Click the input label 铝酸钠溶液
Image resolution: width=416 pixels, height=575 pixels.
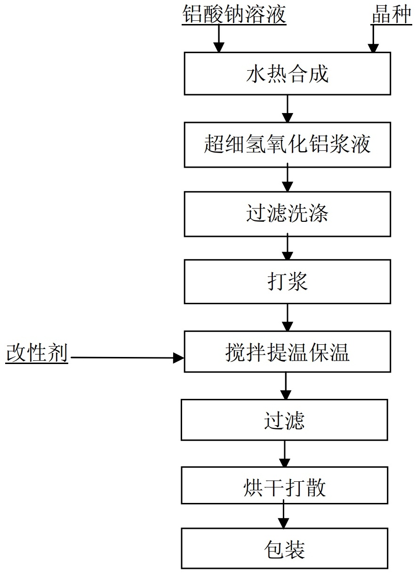(x=234, y=15)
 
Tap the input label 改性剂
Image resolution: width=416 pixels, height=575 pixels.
(x=37, y=354)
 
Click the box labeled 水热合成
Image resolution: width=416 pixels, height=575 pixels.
(x=287, y=73)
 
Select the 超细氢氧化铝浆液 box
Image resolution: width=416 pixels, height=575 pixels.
(x=287, y=145)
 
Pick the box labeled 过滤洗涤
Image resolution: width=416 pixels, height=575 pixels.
(x=287, y=214)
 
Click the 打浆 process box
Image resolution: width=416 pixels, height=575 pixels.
(x=287, y=282)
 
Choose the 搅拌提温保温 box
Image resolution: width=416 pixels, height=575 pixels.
(x=287, y=351)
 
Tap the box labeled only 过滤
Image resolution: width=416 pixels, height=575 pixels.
(x=284, y=420)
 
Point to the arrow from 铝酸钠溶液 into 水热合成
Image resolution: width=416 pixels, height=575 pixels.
(x=218, y=39)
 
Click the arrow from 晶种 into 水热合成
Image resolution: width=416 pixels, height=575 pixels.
(x=373, y=39)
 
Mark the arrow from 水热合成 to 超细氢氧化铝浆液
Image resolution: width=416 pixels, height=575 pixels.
(x=287, y=109)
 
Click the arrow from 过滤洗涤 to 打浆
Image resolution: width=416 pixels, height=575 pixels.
(x=287, y=248)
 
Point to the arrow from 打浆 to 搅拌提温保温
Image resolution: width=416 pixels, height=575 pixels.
(x=287, y=317)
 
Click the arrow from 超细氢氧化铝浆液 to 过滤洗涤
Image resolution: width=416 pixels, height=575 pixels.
(x=287, y=179)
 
